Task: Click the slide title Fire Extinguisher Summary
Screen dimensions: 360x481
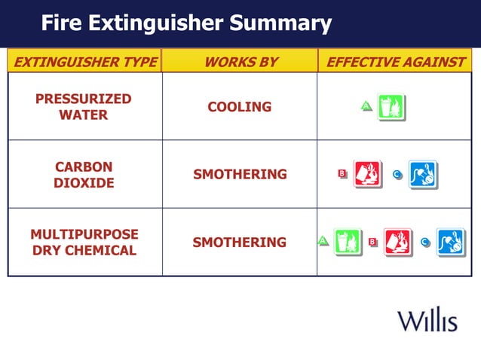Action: point(186,23)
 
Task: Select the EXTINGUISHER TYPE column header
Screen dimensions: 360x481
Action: point(85,62)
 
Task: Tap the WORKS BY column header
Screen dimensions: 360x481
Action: point(240,62)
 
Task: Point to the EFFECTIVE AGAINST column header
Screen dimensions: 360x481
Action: point(395,62)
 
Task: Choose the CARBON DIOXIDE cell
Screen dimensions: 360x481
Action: point(84,175)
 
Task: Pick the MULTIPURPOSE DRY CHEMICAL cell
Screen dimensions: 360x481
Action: point(84,243)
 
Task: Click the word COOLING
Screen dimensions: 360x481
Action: point(240,107)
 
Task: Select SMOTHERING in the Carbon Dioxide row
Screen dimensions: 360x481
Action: point(240,175)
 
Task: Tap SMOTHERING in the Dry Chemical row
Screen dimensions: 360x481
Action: point(240,243)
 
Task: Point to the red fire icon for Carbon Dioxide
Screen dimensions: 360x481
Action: point(368,174)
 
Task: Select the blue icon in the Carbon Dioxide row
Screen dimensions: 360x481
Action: point(423,175)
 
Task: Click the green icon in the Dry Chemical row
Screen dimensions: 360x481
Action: point(348,242)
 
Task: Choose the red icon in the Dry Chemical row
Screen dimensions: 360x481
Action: point(398,242)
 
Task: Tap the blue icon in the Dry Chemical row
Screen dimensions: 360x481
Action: point(451,242)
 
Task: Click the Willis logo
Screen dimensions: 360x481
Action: point(427,320)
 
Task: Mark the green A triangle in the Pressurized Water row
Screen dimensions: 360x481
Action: point(366,108)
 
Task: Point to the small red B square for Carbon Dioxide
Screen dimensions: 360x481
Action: point(342,175)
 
